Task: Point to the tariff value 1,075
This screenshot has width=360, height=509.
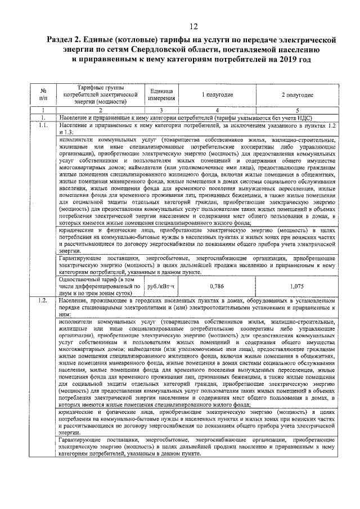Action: click(297, 286)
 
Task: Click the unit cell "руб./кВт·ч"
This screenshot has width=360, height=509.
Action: click(161, 286)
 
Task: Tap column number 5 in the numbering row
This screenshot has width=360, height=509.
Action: click(297, 110)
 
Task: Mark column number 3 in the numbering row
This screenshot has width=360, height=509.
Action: click(161, 110)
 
